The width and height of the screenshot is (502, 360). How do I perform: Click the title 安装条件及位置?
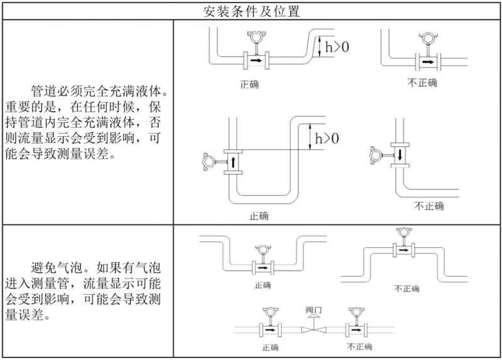252,11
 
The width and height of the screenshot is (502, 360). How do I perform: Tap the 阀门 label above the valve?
313,309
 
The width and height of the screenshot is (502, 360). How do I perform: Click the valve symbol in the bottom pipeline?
313,329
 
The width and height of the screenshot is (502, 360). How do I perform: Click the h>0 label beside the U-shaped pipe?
326,137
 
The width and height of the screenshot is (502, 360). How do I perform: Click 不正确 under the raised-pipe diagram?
406,289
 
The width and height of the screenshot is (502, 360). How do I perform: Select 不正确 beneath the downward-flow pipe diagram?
429,206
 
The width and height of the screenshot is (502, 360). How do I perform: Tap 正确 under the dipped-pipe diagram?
262,285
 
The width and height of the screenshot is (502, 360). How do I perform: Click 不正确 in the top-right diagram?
422,82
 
